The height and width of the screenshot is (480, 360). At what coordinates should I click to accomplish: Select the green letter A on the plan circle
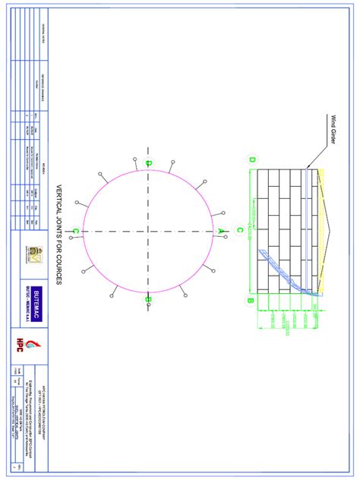(220, 230)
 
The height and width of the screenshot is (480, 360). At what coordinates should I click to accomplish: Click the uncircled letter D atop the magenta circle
(149, 163)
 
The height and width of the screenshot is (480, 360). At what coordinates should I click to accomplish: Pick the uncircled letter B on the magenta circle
(149, 299)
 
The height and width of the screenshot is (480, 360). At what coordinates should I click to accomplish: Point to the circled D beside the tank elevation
(251, 159)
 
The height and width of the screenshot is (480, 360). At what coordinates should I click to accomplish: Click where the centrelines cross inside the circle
(149, 230)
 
